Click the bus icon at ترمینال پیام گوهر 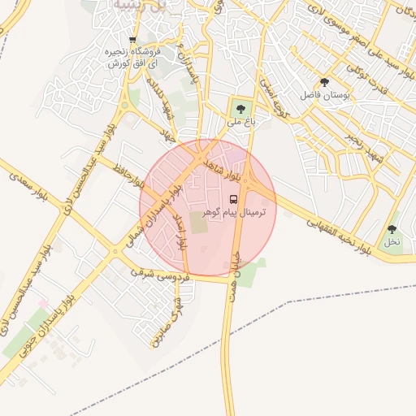[234, 199]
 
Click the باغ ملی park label [236, 122]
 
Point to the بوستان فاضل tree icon [324, 82]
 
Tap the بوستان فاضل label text [324, 96]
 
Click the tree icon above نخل [392, 229]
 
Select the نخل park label [392, 242]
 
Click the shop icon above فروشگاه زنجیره [132, 39]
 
